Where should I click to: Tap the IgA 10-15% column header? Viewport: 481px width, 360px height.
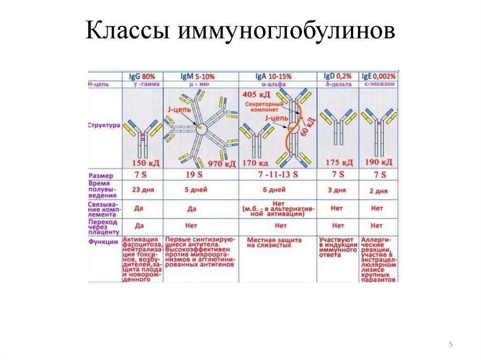[273, 76]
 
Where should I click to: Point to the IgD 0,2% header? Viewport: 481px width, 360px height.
[338, 76]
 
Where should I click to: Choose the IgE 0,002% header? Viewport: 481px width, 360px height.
[378, 76]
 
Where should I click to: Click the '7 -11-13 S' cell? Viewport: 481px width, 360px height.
[277, 175]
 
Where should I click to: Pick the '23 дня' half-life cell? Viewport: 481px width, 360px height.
[140, 190]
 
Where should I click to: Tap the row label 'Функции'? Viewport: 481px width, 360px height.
[103, 242]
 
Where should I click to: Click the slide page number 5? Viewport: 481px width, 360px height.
[450, 345]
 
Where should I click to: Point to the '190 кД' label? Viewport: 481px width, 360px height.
[378, 163]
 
